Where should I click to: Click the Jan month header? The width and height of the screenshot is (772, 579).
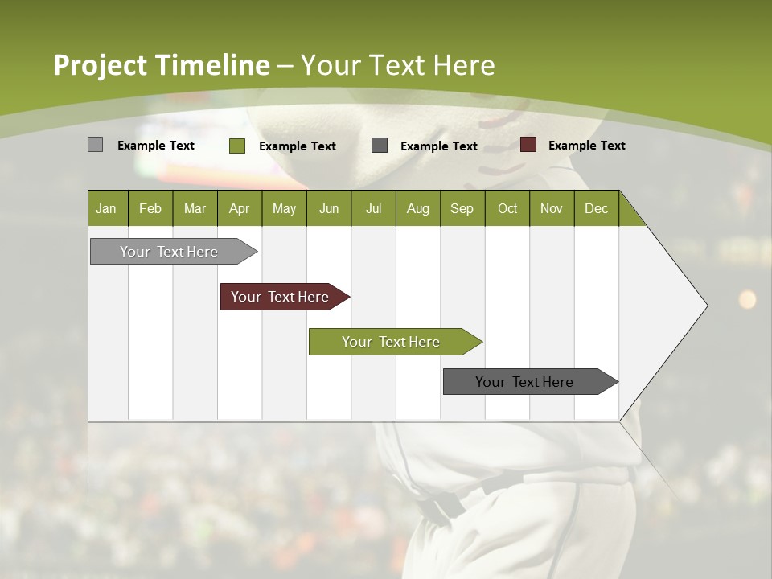point(106,208)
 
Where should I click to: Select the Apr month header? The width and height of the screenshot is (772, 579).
point(239,208)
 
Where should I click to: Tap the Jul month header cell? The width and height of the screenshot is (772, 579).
point(373,208)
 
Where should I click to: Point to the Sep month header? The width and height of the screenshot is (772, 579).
point(462,208)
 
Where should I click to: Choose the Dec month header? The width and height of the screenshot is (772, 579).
point(596,208)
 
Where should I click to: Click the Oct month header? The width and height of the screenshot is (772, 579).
point(507,208)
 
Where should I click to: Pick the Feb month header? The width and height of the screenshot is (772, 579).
point(150,208)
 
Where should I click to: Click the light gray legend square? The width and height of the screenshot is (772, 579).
point(95,145)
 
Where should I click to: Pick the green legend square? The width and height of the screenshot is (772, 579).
point(236,146)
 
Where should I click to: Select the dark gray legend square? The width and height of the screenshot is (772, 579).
point(380,145)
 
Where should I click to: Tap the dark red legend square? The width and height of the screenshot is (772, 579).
point(528,145)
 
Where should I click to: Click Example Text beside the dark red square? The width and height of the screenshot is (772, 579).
point(586,146)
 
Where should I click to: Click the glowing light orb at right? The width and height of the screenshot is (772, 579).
point(747,299)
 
